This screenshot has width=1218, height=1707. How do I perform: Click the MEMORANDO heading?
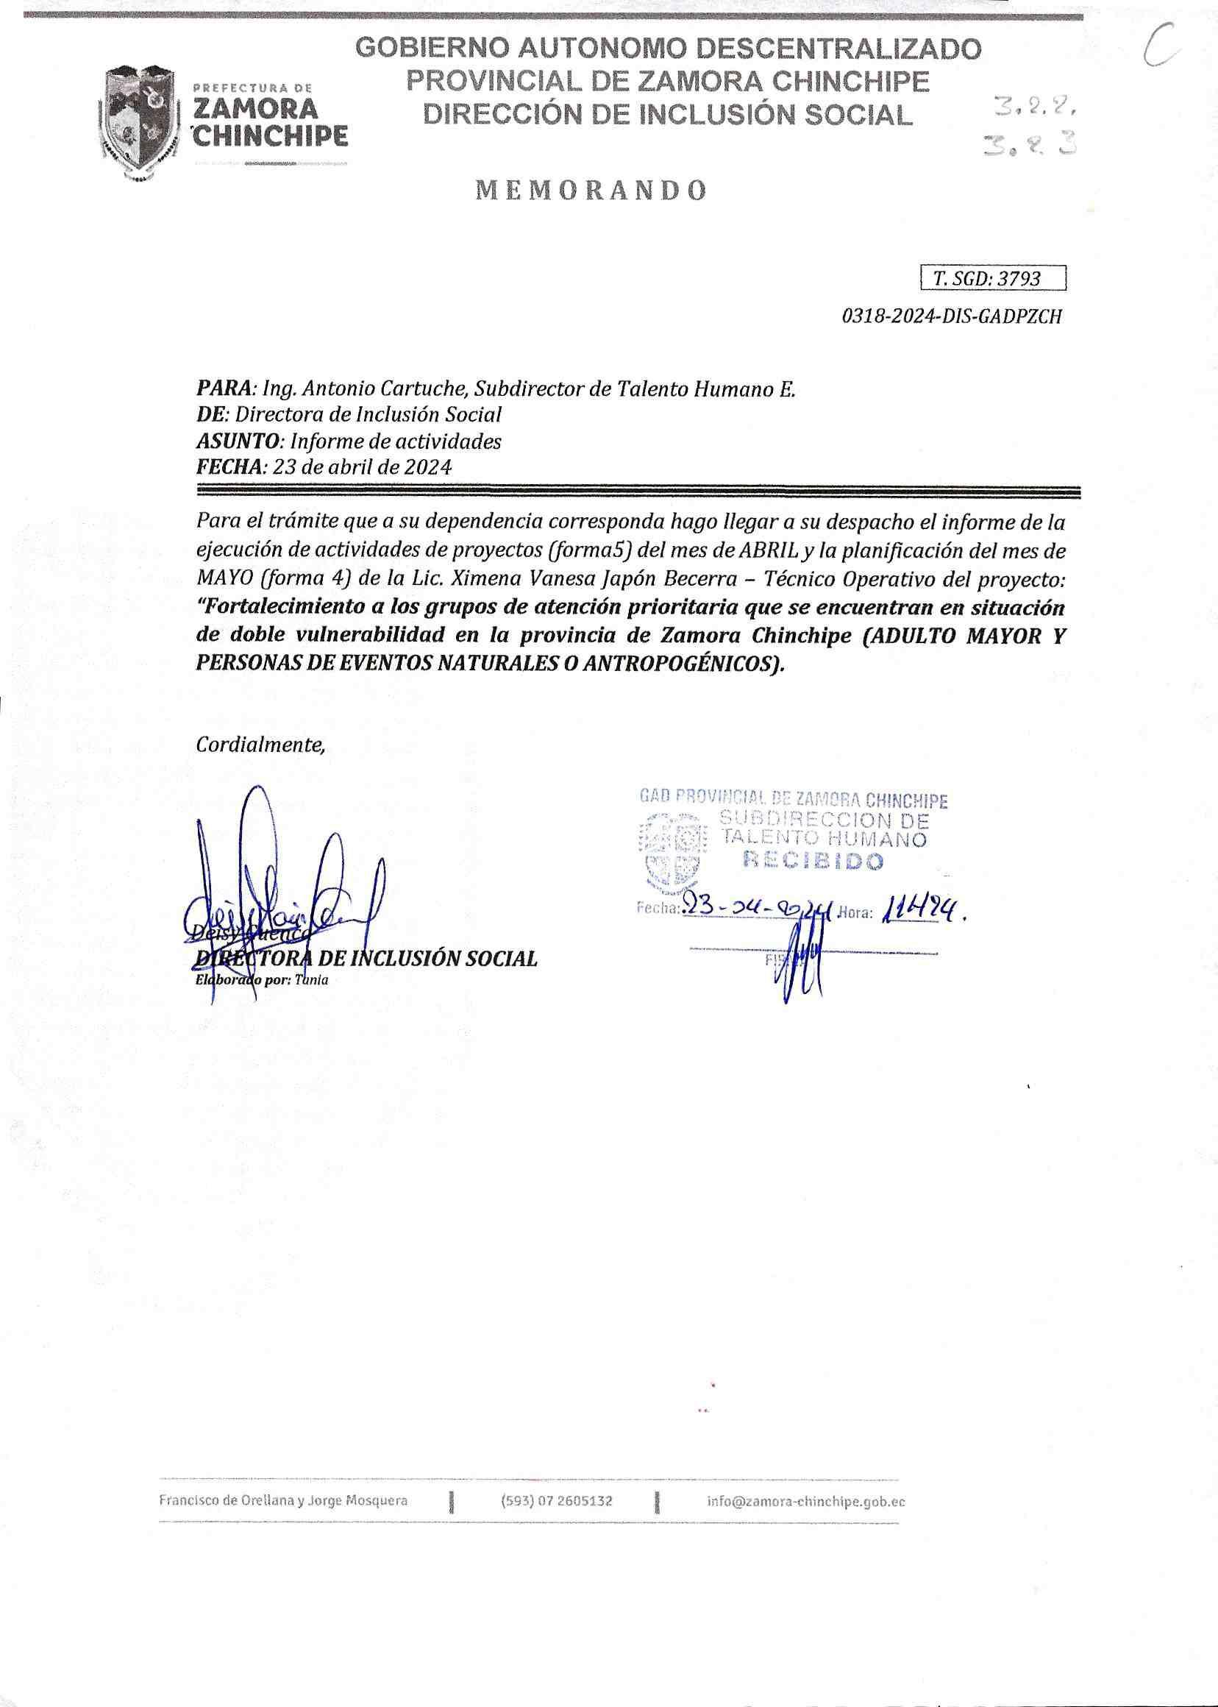coord(591,191)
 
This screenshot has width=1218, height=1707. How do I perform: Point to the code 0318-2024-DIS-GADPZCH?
coord(952,316)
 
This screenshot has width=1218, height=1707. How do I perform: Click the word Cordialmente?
coord(260,745)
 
